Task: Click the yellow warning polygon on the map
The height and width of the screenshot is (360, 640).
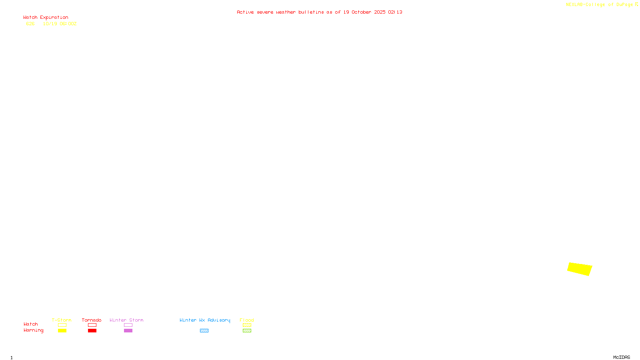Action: click(580, 269)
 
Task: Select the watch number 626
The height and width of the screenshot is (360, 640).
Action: click(30, 24)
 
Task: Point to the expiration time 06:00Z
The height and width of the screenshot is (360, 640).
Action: click(68, 24)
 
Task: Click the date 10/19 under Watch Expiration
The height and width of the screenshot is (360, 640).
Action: click(50, 24)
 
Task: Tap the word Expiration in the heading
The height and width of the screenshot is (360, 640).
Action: click(54, 18)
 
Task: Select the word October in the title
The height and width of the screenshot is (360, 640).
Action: click(361, 12)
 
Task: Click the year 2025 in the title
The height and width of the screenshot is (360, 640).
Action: click(380, 12)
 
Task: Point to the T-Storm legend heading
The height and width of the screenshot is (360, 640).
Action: click(62, 320)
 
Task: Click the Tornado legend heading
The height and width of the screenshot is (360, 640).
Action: click(92, 320)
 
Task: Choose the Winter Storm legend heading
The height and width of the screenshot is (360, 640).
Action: click(126, 320)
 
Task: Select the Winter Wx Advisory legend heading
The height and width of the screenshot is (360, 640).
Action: click(205, 320)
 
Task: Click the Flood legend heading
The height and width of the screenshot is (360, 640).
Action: click(247, 320)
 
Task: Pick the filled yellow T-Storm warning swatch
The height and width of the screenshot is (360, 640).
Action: click(62, 331)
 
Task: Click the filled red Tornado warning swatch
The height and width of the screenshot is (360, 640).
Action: click(92, 331)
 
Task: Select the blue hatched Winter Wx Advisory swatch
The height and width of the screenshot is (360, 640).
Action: click(204, 331)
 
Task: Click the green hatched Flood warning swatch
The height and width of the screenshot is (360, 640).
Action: click(247, 331)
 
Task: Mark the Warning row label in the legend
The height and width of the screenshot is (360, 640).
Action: click(33, 330)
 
